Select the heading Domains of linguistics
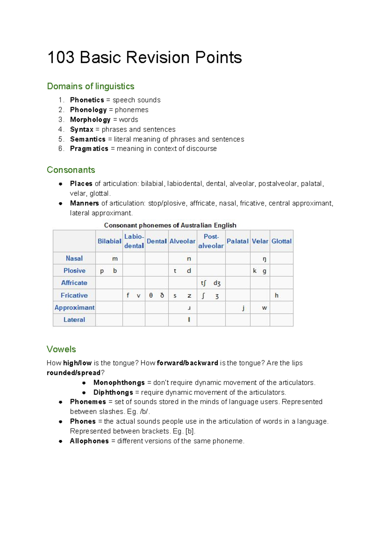[x=91, y=86]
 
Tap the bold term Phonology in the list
[x=88, y=110]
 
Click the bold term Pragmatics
[x=89, y=149]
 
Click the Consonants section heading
[x=71, y=170]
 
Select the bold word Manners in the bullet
[x=84, y=203]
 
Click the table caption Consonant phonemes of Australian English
[x=170, y=225]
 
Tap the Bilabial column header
[x=109, y=241]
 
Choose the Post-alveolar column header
[x=211, y=241]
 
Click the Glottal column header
[x=281, y=241]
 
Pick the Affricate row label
[x=74, y=283]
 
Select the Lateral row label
[x=74, y=320]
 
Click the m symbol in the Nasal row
[x=115, y=259]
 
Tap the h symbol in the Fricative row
[x=276, y=295]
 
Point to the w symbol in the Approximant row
[x=264, y=308]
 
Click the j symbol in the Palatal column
[x=243, y=308]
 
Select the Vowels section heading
[x=61, y=349]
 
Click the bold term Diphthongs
[x=113, y=393]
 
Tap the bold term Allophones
[x=89, y=441]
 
